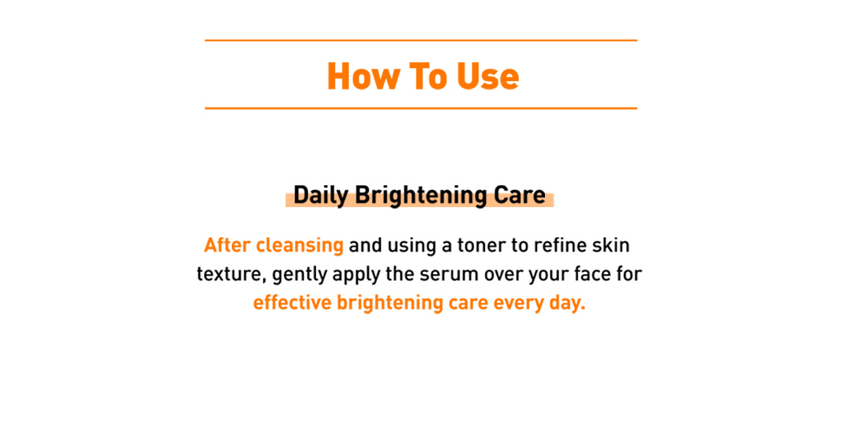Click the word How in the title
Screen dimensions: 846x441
click(x=363, y=76)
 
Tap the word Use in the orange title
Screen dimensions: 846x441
click(x=488, y=76)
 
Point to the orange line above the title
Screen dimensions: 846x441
click(x=421, y=40)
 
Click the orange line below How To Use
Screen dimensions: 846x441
click(x=421, y=108)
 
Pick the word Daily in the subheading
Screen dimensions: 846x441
click(x=321, y=196)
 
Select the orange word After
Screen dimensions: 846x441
click(x=227, y=245)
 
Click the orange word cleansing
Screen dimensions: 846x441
click(x=300, y=246)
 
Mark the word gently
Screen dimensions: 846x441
click(x=300, y=275)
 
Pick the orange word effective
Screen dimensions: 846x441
click(x=293, y=302)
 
